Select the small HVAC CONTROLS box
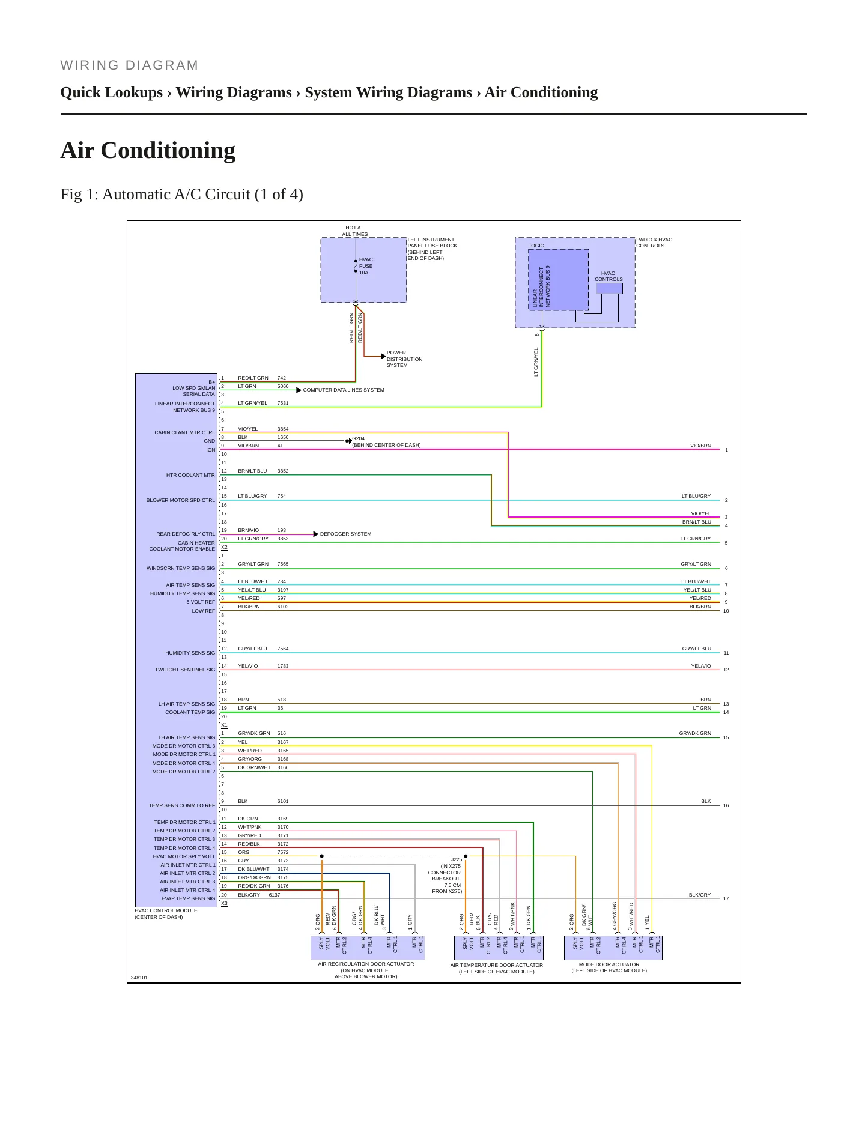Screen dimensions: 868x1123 pyautogui.click(x=609, y=288)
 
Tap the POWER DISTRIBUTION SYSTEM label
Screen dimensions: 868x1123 pyautogui.click(x=404, y=359)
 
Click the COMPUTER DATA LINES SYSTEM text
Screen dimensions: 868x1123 pyautogui.click(x=344, y=390)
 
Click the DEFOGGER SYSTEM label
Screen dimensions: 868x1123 pyautogui.click(x=345, y=534)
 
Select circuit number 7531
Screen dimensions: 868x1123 pyautogui.click(x=283, y=403)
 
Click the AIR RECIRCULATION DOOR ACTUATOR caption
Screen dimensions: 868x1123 pyautogui.click(x=366, y=970)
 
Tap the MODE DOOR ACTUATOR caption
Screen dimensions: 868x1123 pyautogui.click(x=609, y=967)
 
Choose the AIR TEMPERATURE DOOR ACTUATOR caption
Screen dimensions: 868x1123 pyautogui.click(x=497, y=968)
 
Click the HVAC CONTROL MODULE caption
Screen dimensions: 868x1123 pyautogui.click(x=166, y=914)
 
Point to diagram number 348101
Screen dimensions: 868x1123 pyautogui.click(x=139, y=978)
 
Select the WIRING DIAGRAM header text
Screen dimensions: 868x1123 pyautogui.click(x=129, y=65)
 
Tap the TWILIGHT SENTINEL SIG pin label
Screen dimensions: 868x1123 pyautogui.click(x=185, y=670)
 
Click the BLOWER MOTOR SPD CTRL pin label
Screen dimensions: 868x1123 pyautogui.click(x=181, y=500)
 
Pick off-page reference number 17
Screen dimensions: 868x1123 pyautogui.click(x=726, y=898)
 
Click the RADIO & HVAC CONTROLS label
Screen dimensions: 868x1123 pyautogui.click(x=654, y=243)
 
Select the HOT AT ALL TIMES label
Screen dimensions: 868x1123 pyautogui.click(x=355, y=231)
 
